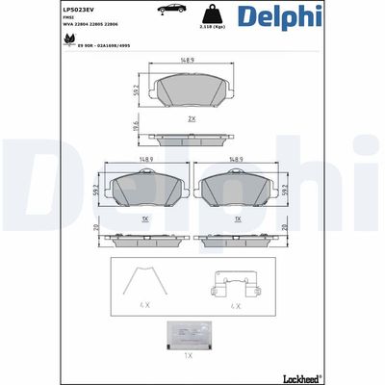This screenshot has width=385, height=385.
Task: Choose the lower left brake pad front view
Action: point(144,192)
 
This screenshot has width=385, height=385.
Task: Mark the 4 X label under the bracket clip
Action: point(236,305)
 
